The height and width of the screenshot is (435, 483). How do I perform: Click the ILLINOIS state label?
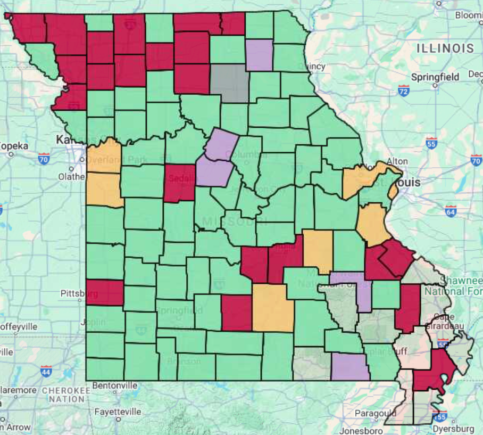click(x=445, y=48)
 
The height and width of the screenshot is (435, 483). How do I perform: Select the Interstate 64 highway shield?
click(x=451, y=211)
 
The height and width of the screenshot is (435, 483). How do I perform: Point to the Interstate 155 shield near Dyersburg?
click(x=439, y=416)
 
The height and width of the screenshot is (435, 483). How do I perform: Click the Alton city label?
click(x=397, y=161)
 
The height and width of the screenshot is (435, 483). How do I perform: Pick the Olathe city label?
click(x=72, y=176)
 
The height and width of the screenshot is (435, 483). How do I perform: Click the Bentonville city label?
click(x=115, y=385)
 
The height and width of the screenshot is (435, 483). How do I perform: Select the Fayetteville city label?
click(x=118, y=412)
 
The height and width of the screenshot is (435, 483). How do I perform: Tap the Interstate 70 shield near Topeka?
click(x=44, y=158)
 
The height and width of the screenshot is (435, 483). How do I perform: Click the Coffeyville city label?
click(x=19, y=326)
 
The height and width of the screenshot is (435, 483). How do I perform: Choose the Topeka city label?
click(x=12, y=146)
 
